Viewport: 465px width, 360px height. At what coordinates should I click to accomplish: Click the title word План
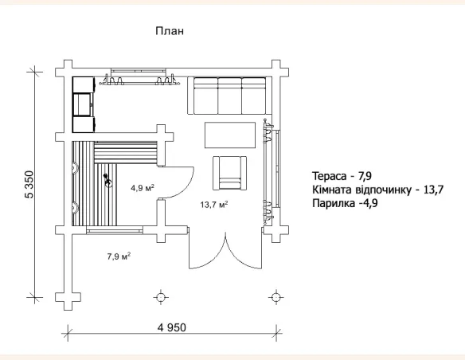(x=170, y=31)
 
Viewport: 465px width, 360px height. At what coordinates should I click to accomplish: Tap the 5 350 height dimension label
(x=29, y=185)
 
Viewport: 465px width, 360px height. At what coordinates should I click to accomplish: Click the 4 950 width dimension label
(x=172, y=327)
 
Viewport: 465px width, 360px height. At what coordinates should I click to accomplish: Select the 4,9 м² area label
(x=143, y=188)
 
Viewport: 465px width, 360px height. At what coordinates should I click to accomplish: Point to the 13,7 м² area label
(x=214, y=205)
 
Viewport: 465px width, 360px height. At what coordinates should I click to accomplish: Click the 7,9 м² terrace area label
(x=119, y=256)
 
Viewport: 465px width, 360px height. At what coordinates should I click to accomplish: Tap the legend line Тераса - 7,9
(x=342, y=176)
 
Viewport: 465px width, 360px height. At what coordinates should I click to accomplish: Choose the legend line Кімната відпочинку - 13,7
(x=377, y=190)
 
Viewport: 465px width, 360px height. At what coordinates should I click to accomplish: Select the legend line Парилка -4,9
(x=345, y=203)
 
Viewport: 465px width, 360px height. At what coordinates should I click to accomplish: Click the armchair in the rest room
(x=229, y=173)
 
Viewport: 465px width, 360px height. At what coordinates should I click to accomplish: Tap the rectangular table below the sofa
(x=230, y=135)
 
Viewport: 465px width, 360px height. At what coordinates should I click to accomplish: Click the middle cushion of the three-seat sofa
(x=229, y=96)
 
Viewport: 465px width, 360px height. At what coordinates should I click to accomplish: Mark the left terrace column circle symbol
(x=160, y=297)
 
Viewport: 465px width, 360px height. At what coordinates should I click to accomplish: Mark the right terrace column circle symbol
(x=275, y=297)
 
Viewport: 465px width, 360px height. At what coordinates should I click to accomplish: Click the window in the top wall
(x=139, y=71)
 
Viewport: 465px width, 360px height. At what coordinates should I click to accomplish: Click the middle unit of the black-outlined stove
(x=84, y=104)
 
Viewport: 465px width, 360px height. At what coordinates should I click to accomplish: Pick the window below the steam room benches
(x=115, y=230)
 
